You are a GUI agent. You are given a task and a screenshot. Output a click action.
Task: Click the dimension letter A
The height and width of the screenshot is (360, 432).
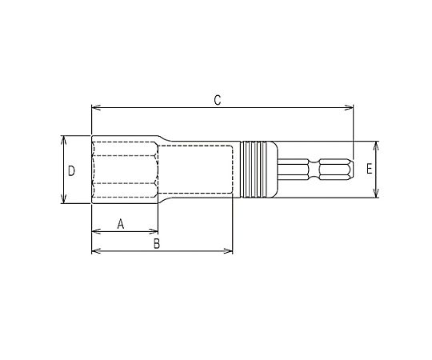[121, 224]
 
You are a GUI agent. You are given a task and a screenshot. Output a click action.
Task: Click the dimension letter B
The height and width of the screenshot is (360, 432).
[157, 243]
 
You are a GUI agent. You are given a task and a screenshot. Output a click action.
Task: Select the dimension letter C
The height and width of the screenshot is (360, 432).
[218, 100]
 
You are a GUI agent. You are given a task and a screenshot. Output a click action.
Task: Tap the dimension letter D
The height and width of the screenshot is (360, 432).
[71, 171]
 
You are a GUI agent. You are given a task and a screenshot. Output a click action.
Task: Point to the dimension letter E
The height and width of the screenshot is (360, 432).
[370, 169]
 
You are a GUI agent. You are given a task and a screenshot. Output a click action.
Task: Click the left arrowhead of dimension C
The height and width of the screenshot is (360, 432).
[95, 108]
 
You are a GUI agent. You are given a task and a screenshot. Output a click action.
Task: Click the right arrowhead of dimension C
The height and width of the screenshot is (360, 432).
[349, 108]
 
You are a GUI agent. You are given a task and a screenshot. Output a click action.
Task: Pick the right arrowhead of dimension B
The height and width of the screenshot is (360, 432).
[229, 251]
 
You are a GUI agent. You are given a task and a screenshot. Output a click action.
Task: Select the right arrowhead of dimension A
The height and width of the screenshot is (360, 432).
[154, 231]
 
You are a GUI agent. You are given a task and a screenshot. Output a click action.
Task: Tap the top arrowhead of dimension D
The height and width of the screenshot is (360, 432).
[64, 140]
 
